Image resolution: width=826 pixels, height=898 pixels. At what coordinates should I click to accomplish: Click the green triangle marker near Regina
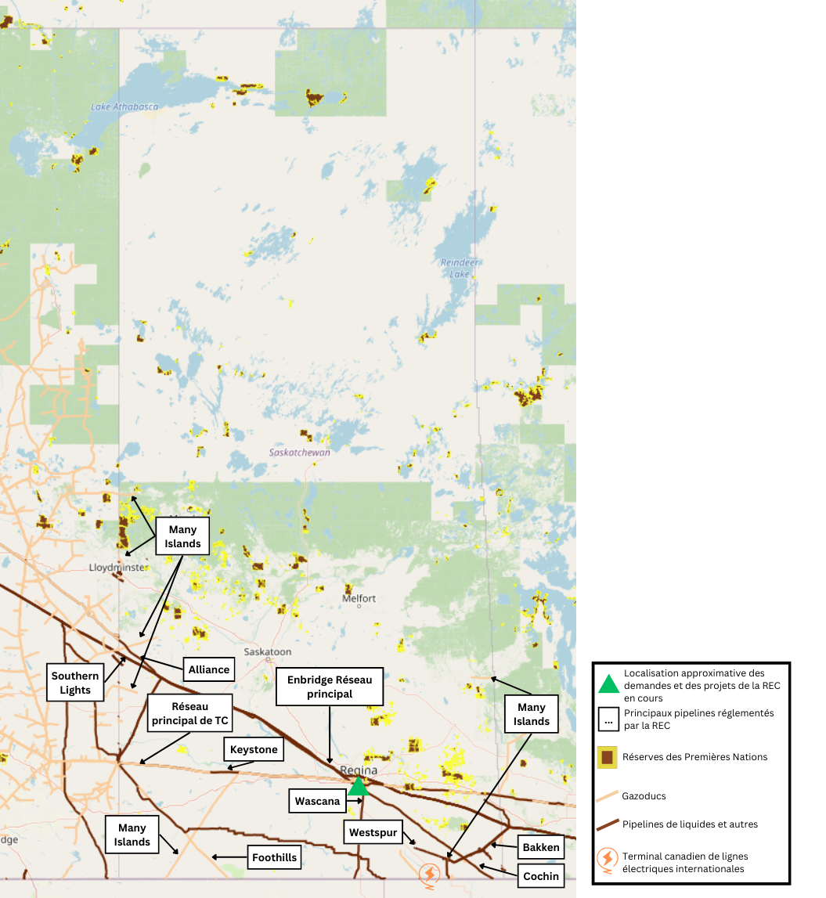[358, 787]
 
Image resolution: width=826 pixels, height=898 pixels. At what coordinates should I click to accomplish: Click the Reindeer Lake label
[460, 268]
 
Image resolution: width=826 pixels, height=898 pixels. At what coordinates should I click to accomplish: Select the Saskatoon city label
[268, 651]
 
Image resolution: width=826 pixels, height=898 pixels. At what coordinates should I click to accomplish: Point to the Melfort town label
[359, 598]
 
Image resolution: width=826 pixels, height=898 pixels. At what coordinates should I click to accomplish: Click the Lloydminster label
[117, 567]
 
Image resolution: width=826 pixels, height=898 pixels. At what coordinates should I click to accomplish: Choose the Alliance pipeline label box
[209, 669]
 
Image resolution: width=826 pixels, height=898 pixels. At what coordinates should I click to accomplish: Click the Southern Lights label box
[75, 683]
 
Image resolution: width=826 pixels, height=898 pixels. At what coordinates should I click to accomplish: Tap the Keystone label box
[254, 749]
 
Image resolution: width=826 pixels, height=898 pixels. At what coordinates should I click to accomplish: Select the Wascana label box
[318, 801]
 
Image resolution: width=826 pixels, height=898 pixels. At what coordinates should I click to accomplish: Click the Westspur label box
[373, 832]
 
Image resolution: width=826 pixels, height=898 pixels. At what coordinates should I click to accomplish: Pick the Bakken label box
[541, 847]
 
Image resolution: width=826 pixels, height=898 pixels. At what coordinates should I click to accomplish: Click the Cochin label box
[541, 875]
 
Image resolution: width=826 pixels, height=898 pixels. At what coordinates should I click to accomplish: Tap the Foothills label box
[274, 857]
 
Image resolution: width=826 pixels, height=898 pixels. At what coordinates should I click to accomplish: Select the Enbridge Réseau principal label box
[330, 687]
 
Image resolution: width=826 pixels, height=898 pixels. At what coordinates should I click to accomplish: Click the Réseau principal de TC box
[189, 712]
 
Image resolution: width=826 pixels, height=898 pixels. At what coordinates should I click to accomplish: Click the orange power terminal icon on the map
[429, 873]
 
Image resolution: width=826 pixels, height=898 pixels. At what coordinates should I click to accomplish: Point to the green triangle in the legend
[608, 683]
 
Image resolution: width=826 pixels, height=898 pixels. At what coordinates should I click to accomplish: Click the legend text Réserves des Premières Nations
[694, 756]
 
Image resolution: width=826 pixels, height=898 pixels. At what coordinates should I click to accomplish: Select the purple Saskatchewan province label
[300, 453]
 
